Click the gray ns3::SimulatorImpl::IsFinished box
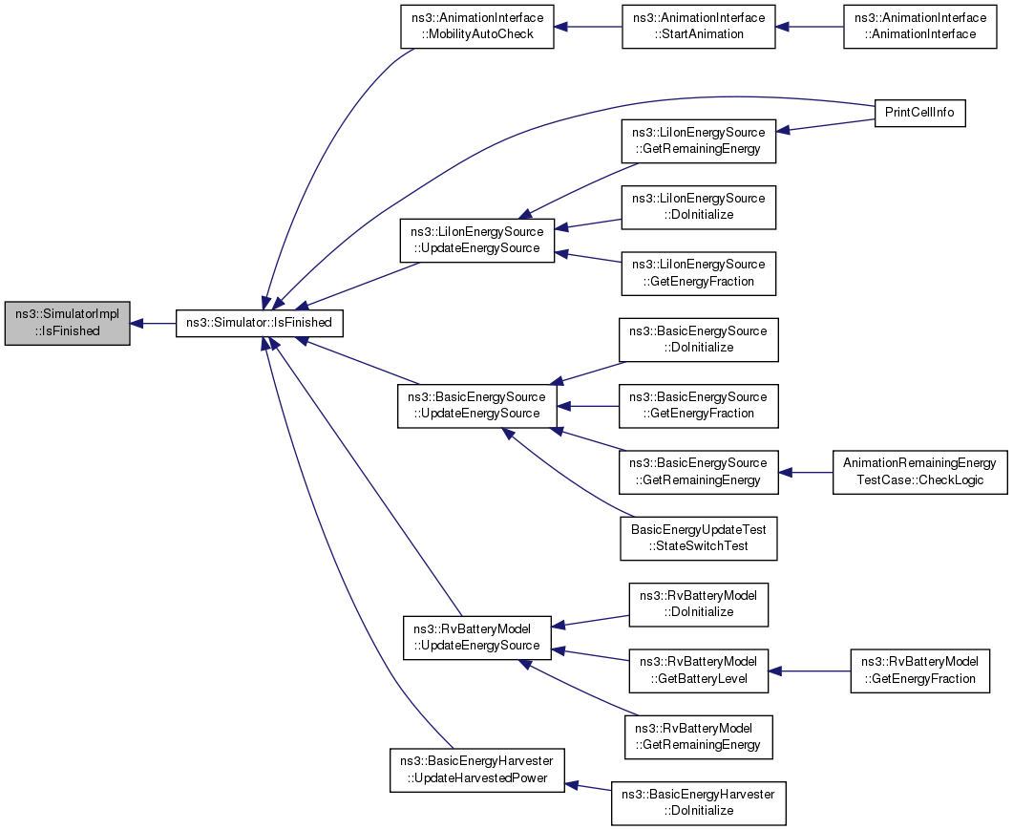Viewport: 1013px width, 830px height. pos(67,323)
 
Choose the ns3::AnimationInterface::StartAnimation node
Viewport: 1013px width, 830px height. pos(699,27)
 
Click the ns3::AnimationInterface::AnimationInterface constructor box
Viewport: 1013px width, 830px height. pos(920,27)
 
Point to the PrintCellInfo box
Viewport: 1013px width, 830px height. pos(919,113)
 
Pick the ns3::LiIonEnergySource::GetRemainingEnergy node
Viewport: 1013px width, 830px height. pos(699,140)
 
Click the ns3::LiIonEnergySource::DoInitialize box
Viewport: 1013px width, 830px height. pos(699,206)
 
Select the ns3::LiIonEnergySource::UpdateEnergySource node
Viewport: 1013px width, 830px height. pos(476,240)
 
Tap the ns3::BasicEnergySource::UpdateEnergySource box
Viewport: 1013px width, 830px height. pos(476,405)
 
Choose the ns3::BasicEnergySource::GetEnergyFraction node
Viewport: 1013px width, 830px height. pos(699,405)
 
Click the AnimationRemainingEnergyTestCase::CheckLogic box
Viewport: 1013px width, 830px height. pos(919,471)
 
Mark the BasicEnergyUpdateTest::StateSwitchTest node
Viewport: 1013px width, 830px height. pos(699,538)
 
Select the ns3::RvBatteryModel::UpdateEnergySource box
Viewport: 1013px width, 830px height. pos(476,637)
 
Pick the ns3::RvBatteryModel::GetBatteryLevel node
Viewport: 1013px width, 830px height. pos(697,670)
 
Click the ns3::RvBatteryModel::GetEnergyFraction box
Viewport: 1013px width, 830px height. pos(919,670)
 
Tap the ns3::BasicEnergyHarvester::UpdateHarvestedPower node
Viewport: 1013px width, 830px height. pos(476,769)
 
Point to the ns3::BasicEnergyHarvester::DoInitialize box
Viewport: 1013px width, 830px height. pos(698,802)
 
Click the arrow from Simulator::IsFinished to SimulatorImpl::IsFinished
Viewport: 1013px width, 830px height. pos(153,323)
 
